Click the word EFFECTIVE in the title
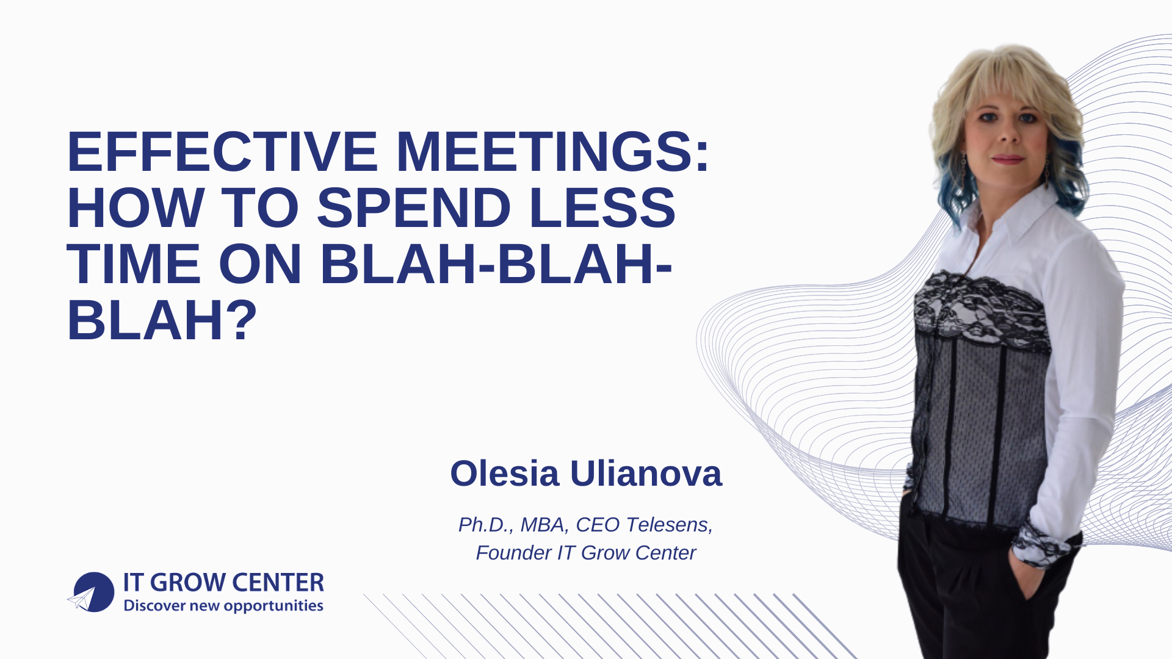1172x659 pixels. (222, 152)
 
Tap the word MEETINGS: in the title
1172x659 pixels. (553, 152)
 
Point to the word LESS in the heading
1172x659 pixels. (602, 208)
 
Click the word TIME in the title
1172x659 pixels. (133, 264)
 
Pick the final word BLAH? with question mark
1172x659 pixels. (162, 320)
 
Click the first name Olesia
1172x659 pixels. (504, 474)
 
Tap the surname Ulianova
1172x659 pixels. (646, 474)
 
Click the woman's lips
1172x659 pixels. (1008, 159)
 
